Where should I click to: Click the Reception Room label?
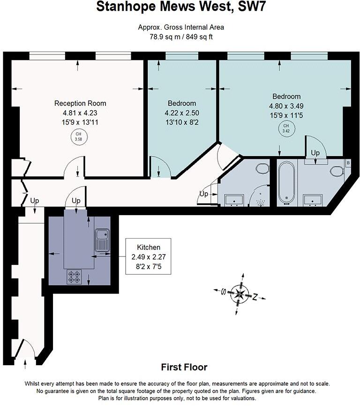tap(80, 103)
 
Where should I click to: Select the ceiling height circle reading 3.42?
tap(286, 128)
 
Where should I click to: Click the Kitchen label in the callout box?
tap(149, 247)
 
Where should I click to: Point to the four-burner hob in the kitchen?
tap(74, 277)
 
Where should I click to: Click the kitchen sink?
tap(103, 240)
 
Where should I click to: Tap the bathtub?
tap(286, 182)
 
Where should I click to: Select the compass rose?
tap(240, 294)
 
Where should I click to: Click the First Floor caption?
tap(184, 367)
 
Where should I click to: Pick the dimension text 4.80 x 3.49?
tap(286, 106)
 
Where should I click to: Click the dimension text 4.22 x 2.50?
tap(182, 113)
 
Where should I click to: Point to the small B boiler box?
tap(348, 163)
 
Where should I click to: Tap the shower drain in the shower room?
tap(260, 202)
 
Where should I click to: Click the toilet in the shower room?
tap(262, 169)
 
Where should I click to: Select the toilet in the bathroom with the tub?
tap(337, 171)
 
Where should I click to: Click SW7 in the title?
tap(252, 7)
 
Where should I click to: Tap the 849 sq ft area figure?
tap(199, 37)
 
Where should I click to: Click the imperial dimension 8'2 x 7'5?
tap(149, 266)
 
